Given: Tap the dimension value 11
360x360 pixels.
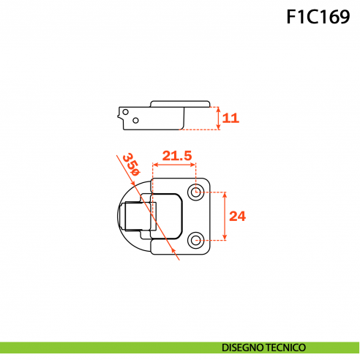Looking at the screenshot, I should (230, 117).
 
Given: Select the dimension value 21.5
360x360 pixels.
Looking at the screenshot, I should (177, 155).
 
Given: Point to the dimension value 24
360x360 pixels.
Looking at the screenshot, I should (237, 216).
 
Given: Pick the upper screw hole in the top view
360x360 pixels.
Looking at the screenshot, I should (195, 192).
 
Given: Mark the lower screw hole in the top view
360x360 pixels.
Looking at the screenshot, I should (195, 239).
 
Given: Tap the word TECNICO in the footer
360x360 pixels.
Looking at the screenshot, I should (287, 348).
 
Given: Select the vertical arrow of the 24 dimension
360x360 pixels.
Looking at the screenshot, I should (224, 216).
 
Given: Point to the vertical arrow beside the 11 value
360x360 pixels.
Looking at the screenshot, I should (218, 117).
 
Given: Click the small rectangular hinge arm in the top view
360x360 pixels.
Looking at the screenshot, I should (135, 216).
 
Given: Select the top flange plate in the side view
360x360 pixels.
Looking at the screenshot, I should (180, 103).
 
